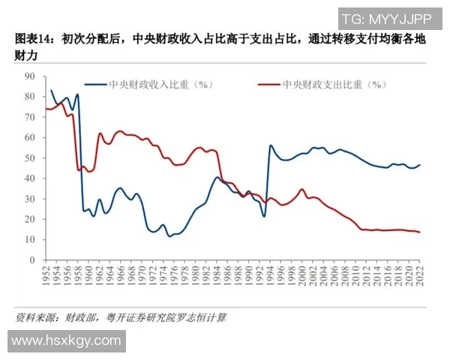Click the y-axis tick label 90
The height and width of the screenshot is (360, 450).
[x=30, y=76]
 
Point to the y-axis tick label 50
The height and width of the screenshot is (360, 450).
[x=30, y=158]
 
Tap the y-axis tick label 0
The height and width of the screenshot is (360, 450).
[x=32, y=260]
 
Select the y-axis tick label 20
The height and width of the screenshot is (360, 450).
[x=30, y=219]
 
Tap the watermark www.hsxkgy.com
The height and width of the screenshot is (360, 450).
[x=66, y=340]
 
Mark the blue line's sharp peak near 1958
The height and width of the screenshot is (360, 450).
[x=77, y=94]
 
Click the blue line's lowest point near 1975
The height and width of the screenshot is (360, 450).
[x=169, y=236]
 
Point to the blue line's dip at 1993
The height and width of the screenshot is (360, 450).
[x=264, y=217]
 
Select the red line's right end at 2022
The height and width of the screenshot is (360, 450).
[x=419, y=232]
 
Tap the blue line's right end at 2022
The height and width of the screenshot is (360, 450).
[x=419, y=165]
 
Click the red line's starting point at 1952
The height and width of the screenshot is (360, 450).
[x=46, y=109]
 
